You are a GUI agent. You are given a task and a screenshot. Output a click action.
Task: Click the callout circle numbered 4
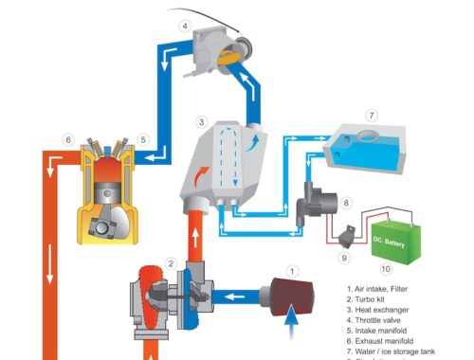185,27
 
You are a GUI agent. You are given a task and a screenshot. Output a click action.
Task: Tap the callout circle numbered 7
373,116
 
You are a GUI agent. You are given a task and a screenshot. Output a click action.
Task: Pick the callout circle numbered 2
171,263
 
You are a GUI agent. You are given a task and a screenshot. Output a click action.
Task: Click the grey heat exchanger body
225,166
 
